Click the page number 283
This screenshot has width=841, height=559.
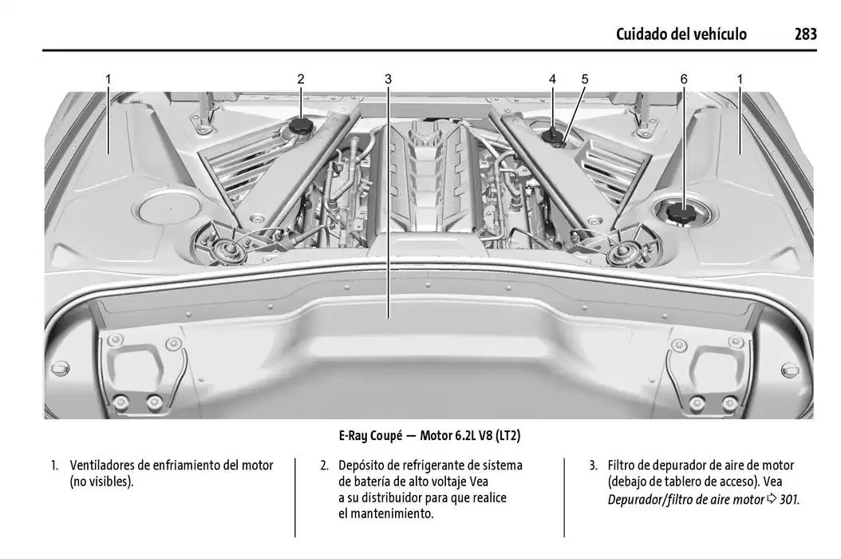pos(805,34)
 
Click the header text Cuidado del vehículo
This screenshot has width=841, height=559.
pos(681,34)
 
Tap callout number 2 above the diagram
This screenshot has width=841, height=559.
pos(301,79)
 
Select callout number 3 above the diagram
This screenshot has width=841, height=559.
pos(388,79)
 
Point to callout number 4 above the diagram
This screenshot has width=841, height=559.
pos(552,79)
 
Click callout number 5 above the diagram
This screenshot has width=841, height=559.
pos(585,79)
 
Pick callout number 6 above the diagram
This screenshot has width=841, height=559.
pos(684,79)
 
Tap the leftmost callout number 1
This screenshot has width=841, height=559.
pos(108,79)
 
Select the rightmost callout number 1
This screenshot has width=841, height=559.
pos(740,79)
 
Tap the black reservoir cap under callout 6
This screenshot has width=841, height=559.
pos(681,214)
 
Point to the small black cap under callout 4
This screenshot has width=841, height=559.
pos(552,137)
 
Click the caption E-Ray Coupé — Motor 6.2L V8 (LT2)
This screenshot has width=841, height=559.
pos(429,436)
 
